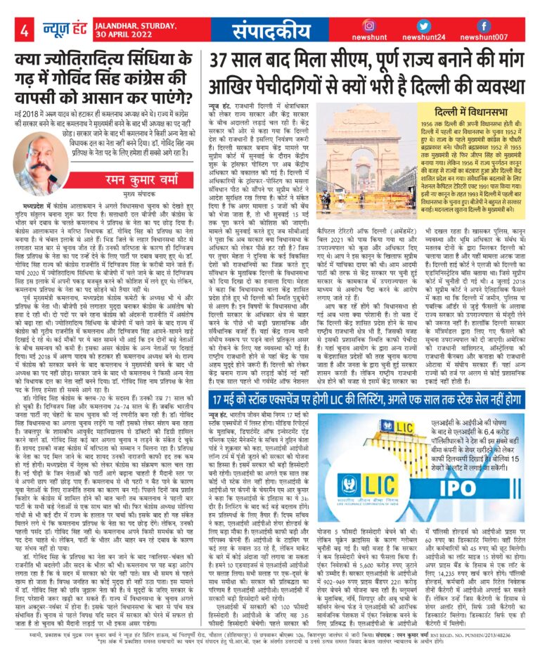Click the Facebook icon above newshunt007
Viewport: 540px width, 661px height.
click(496, 25)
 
